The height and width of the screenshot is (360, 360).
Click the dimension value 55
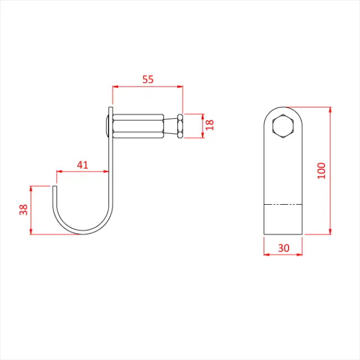coord(147,79)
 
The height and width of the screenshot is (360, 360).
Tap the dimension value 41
coord(83,165)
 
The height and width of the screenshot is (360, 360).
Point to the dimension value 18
coord(210,125)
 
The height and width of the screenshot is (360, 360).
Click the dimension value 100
coord(321,170)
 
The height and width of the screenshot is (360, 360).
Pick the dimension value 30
coord(283,247)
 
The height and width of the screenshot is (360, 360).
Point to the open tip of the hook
coord(55,186)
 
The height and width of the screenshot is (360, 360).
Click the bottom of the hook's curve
coord(83,233)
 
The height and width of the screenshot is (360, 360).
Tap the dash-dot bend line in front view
coord(283,204)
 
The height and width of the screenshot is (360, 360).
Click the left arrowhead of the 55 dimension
coord(115,87)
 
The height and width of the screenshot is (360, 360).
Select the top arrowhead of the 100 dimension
coord(330,109)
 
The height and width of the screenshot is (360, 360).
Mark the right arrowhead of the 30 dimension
coord(301,254)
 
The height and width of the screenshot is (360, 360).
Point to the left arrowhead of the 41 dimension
coord(57,171)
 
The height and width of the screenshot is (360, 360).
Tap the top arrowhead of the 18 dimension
coord(202,115)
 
